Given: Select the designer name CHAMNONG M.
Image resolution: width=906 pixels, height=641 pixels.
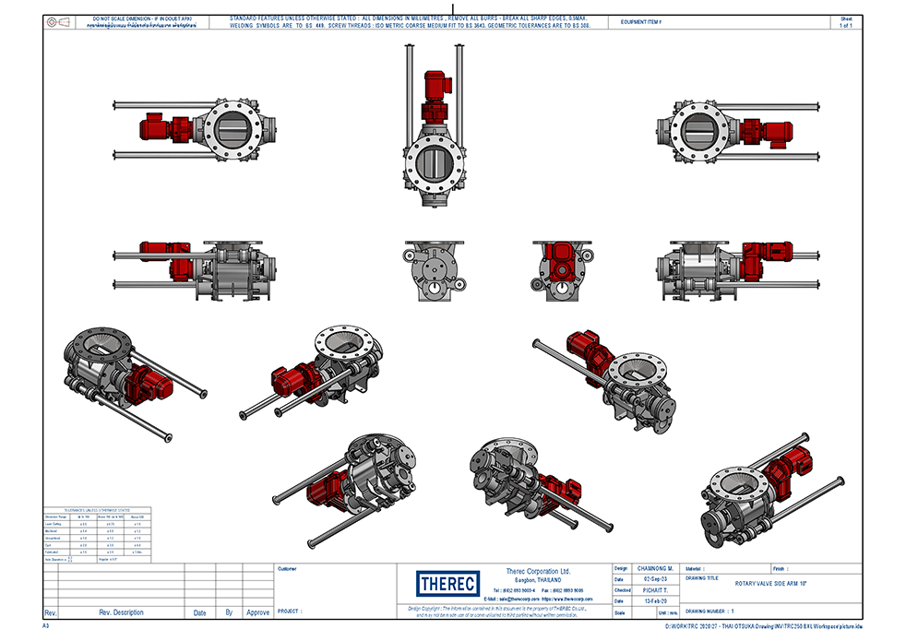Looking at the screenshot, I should tap(655, 568).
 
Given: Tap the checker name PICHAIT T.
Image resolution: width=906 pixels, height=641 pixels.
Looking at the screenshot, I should tap(655, 590).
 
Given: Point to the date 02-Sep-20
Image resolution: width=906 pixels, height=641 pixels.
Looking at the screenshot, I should tap(655, 579).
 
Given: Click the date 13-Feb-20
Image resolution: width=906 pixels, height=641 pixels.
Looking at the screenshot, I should tap(655, 601).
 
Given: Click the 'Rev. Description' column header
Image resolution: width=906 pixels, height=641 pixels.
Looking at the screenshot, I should tap(121, 612).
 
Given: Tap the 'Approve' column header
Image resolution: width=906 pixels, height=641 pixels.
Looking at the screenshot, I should tap(258, 612).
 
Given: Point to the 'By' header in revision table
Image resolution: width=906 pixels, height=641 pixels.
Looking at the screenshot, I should tap(229, 612).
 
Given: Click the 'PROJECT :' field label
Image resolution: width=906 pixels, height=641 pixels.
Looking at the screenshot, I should tap(291, 611).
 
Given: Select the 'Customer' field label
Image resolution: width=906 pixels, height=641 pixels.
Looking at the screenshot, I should tap(288, 568).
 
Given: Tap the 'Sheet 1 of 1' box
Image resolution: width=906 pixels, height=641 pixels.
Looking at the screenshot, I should tap(846, 22).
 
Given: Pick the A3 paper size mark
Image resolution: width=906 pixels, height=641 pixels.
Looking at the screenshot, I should tap(46, 625).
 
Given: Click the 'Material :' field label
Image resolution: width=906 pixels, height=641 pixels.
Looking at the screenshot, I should tap(700, 568).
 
